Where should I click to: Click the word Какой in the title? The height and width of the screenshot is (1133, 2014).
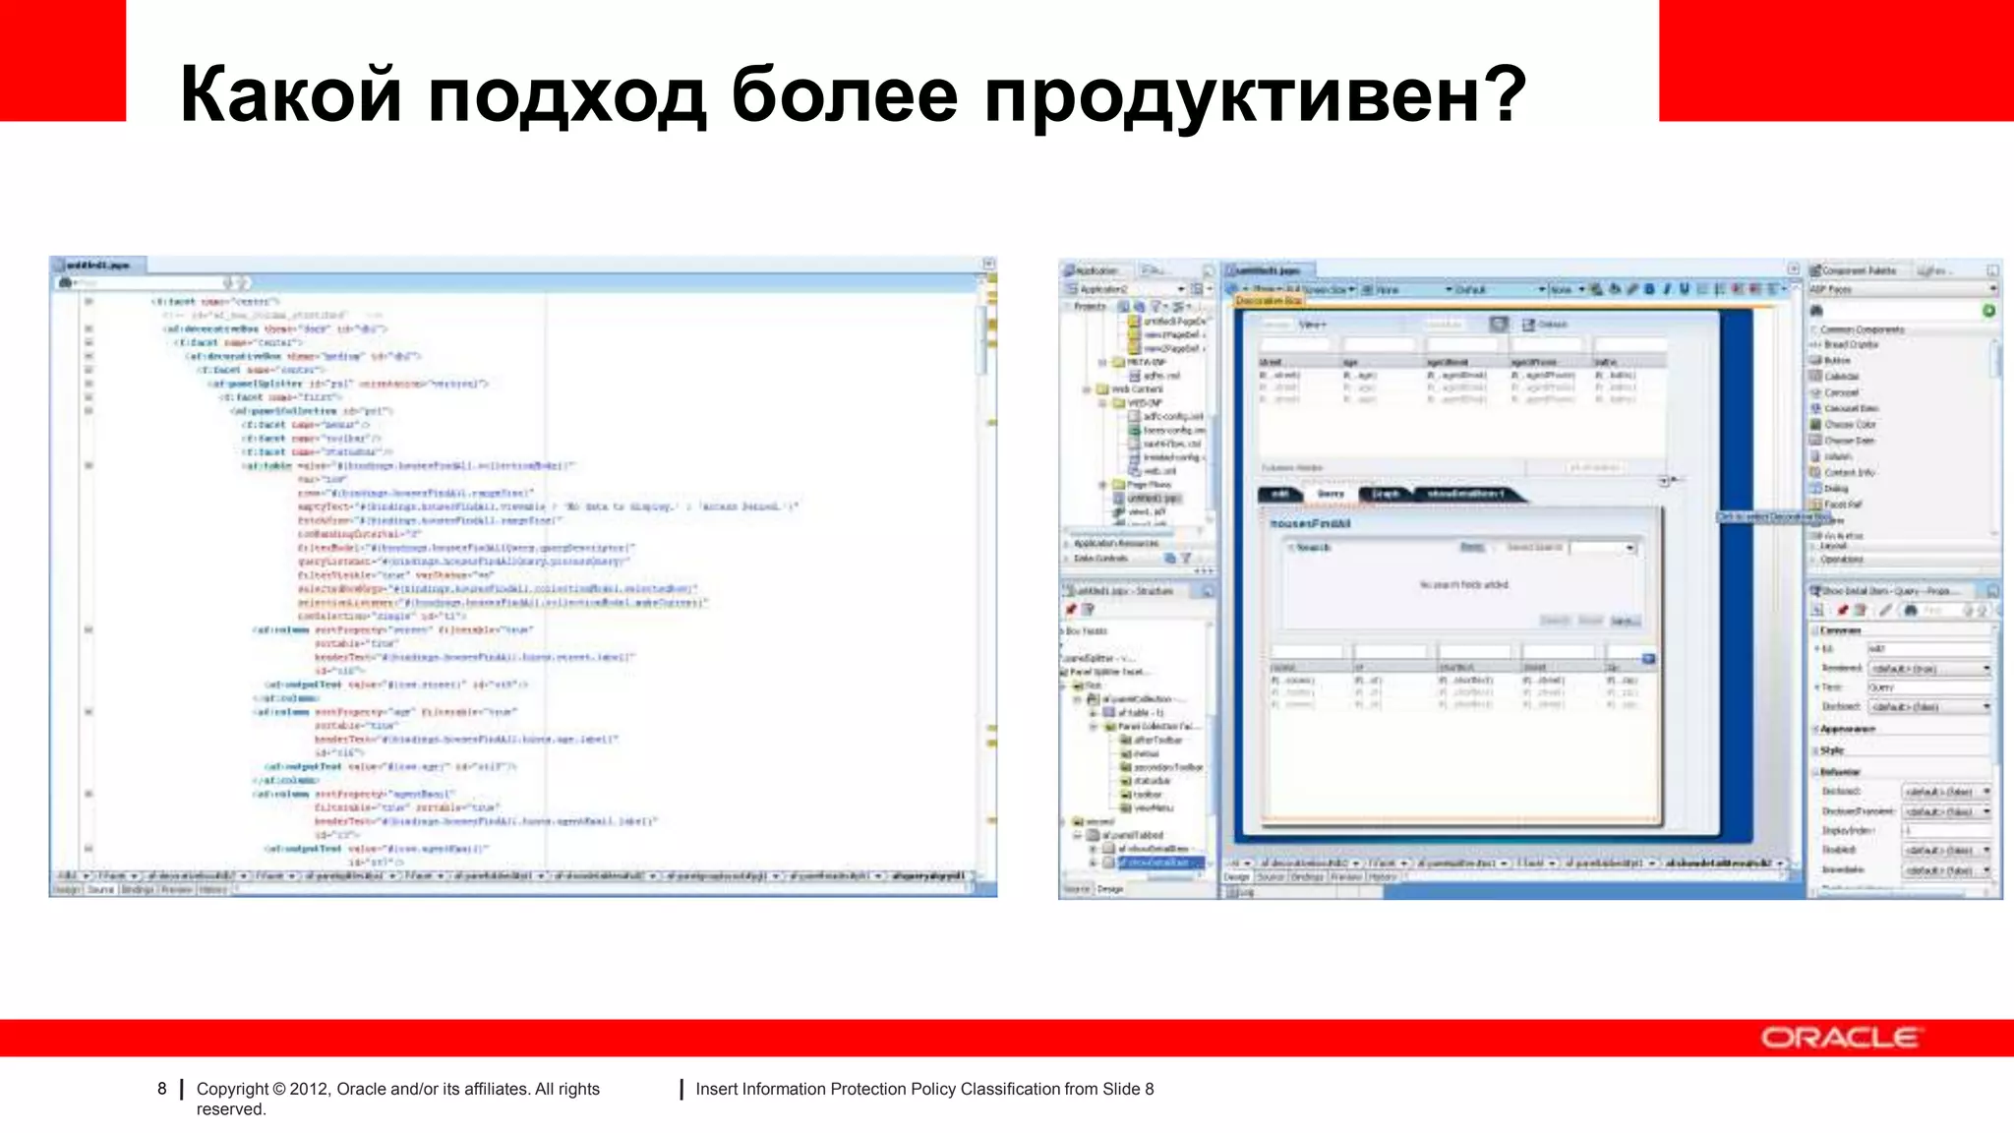click(x=291, y=95)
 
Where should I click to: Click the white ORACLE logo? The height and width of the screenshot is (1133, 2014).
click(x=1839, y=1038)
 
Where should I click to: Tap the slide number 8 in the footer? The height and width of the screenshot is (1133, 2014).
click(x=162, y=1089)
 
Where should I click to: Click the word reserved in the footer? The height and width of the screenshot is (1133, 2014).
click(x=230, y=1109)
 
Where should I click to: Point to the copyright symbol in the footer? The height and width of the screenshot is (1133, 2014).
click(x=279, y=1089)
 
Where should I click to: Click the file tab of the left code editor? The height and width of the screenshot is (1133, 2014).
click(x=98, y=266)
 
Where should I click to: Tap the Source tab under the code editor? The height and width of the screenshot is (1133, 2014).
click(x=100, y=889)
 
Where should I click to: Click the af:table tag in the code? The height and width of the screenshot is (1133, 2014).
click(x=267, y=465)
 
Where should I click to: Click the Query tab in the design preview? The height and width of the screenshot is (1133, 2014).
click(x=1331, y=494)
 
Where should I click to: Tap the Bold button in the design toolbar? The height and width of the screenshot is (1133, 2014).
click(x=1649, y=289)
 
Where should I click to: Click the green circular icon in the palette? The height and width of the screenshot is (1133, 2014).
click(x=1988, y=311)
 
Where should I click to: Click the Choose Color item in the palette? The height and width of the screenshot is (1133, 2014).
click(x=1850, y=424)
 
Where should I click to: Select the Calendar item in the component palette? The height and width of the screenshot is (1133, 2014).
click(x=1841, y=377)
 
